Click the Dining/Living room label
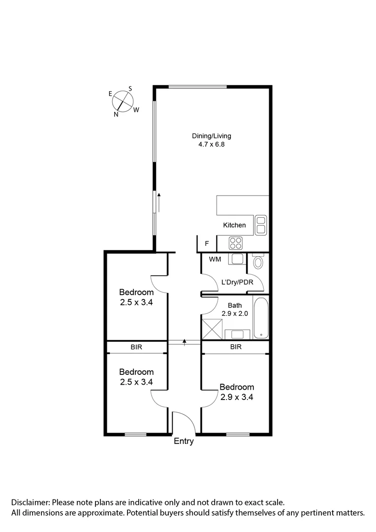pyautogui.click(x=211, y=136)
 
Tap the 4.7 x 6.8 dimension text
pyautogui.click(x=211, y=145)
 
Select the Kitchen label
pyautogui.click(x=234, y=225)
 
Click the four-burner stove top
pyautogui.click(x=236, y=243)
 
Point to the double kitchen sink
pyautogui.click(x=260, y=225)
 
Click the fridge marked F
pyautogui.click(x=207, y=243)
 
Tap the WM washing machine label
pyautogui.click(x=215, y=259)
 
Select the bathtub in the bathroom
pyautogui.click(x=261, y=317)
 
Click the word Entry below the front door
pyautogui.click(x=184, y=441)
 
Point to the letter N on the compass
pyautogui.click(x=116, y=114)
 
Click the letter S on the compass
pyautogui.click(x=130, y=89)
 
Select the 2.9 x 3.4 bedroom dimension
pyautogui.click(x=237, y=396)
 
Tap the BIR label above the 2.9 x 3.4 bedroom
pyautogui.click(x=236, y=347)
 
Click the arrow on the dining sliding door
pyautogui.click(x=159, y=202)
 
